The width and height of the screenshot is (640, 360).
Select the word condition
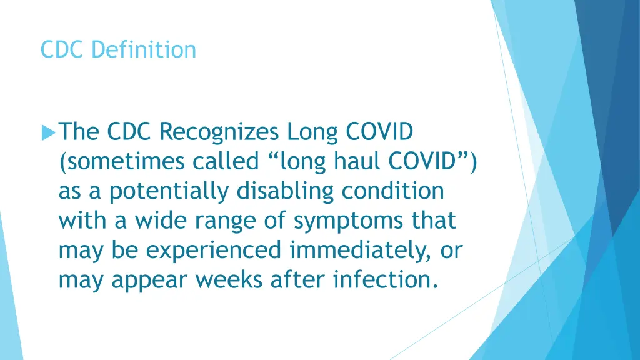pyautogui.click(x=392, y=191)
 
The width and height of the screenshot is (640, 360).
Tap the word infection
pyautogui.click(x=384, y=280)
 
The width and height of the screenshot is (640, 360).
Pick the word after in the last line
pyautogui.click(x=300, y=280)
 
